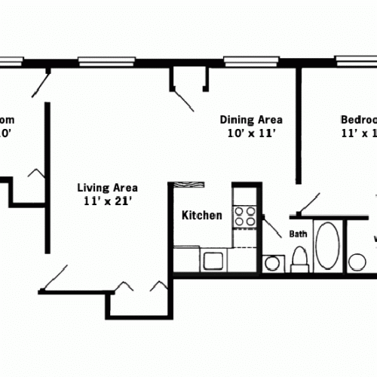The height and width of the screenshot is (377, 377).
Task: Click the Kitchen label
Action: pos(202,216)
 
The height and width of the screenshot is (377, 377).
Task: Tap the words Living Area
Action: pos(111,188)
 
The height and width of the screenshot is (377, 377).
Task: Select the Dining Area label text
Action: pos(251,119)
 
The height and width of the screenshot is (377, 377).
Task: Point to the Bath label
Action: pos(297,234)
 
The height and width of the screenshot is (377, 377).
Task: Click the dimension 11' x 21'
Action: pos(111,201)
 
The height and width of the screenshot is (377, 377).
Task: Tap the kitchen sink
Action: pos(213,261)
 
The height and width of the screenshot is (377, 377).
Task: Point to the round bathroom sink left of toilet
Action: pos(272,263)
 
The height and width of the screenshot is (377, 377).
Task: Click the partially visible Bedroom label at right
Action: pos(359,119)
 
